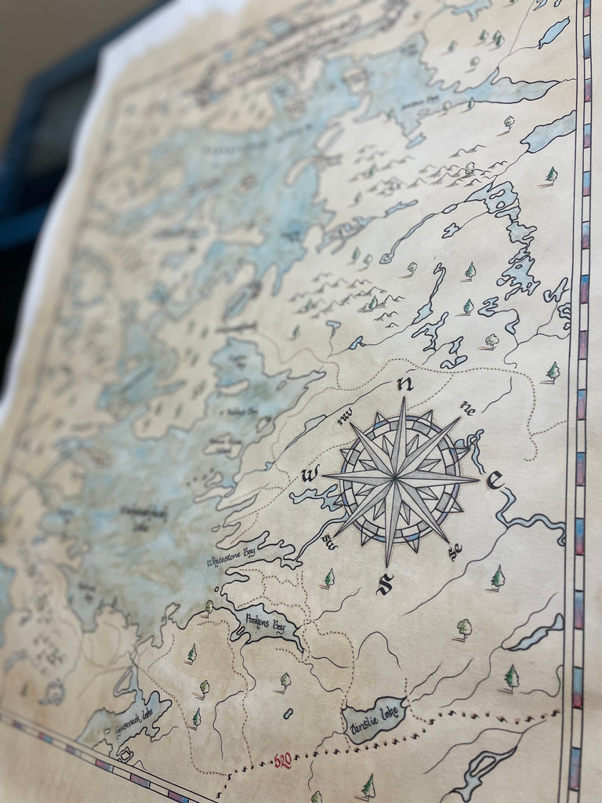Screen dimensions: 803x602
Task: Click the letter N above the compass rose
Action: pyautogui.click(x=405, y=383)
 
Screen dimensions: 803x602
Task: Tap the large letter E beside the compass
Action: pyautogui.click(x=494, y=480)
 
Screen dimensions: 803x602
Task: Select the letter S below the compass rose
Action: pyautogui.click(x=384, y=584)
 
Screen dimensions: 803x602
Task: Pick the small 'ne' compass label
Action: pyautogui.click(x=468, y=407)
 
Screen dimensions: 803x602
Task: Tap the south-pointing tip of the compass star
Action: pyautogui.click(x=387, y=565)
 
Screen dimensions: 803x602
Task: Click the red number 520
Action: pyautogui.click(x=284, y=760)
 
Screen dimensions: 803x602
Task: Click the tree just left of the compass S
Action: pyautogui.click(x=329, y=578)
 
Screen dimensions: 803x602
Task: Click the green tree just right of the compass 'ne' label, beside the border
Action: pyautogui.click(x=553, y=371)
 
